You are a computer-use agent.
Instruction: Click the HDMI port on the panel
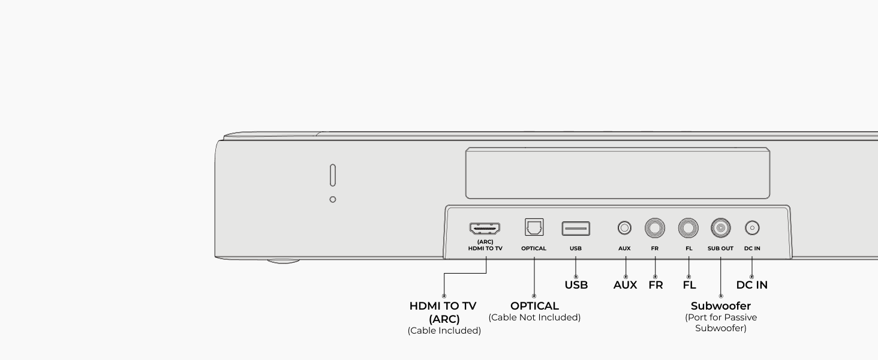(485, 228)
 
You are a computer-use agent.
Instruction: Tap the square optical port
(534, 227)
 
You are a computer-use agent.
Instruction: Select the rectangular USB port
(576, 228)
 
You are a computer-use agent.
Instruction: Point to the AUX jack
(624, 228)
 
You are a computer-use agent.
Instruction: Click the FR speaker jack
(655, 228)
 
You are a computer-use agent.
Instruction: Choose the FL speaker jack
(688, 228)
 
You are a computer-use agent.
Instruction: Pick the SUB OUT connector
(721, 228)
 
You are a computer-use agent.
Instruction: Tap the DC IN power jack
(752, 228)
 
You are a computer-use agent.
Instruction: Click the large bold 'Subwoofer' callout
(721, 306)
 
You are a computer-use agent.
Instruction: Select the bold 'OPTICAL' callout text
(534, 306)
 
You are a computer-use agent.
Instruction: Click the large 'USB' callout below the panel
(576, 285)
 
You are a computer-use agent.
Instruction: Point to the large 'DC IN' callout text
(752, 285)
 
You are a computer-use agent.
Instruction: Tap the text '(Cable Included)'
(444, 331)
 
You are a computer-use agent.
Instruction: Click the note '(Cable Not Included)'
(534, 317)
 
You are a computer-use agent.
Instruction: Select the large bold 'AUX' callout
(625, 285)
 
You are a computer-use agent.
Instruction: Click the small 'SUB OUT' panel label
(720, 248)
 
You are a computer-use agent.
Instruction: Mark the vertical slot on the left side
(333, 175)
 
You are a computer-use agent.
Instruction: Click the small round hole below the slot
(333, 200)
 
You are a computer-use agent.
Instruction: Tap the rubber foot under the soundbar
(284, 261)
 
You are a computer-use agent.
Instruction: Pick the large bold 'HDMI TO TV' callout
(443, 306)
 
